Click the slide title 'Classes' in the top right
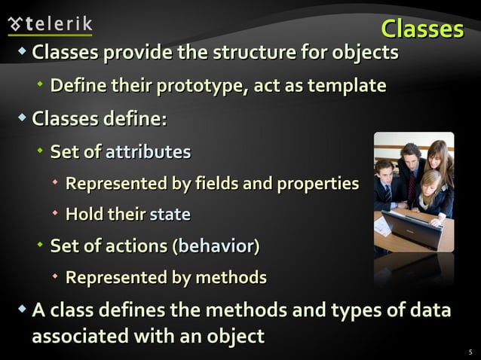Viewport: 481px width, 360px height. [x=421, y=29]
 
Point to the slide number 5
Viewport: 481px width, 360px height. [x=470, y=351]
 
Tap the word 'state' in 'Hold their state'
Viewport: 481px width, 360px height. [x=170, y=215]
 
